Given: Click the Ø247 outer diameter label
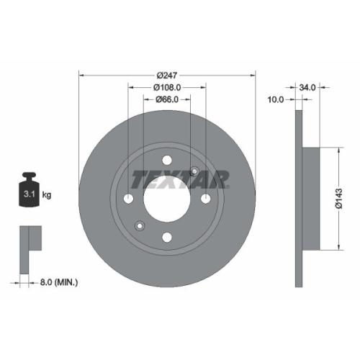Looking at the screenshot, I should [167, 73].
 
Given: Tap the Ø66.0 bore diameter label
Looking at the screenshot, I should [167, 100].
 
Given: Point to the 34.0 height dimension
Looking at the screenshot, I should [308, 87].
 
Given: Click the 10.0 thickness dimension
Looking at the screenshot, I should [276, 100].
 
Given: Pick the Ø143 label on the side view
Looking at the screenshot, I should [346, 199].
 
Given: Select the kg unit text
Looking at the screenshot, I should [47, 195].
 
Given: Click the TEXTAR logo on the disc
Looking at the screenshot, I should [181, 177].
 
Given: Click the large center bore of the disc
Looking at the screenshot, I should [167, 199].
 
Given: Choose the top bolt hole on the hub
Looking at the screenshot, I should [167, 161].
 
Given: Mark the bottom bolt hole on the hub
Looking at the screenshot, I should [167, 237].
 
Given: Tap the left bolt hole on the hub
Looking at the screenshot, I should [129, 199].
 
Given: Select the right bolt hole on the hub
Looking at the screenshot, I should [205, 199].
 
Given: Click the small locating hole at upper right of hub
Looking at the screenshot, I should [194, 171].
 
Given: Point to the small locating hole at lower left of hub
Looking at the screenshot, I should [140, 227].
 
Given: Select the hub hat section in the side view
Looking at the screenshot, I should [310, 199].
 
